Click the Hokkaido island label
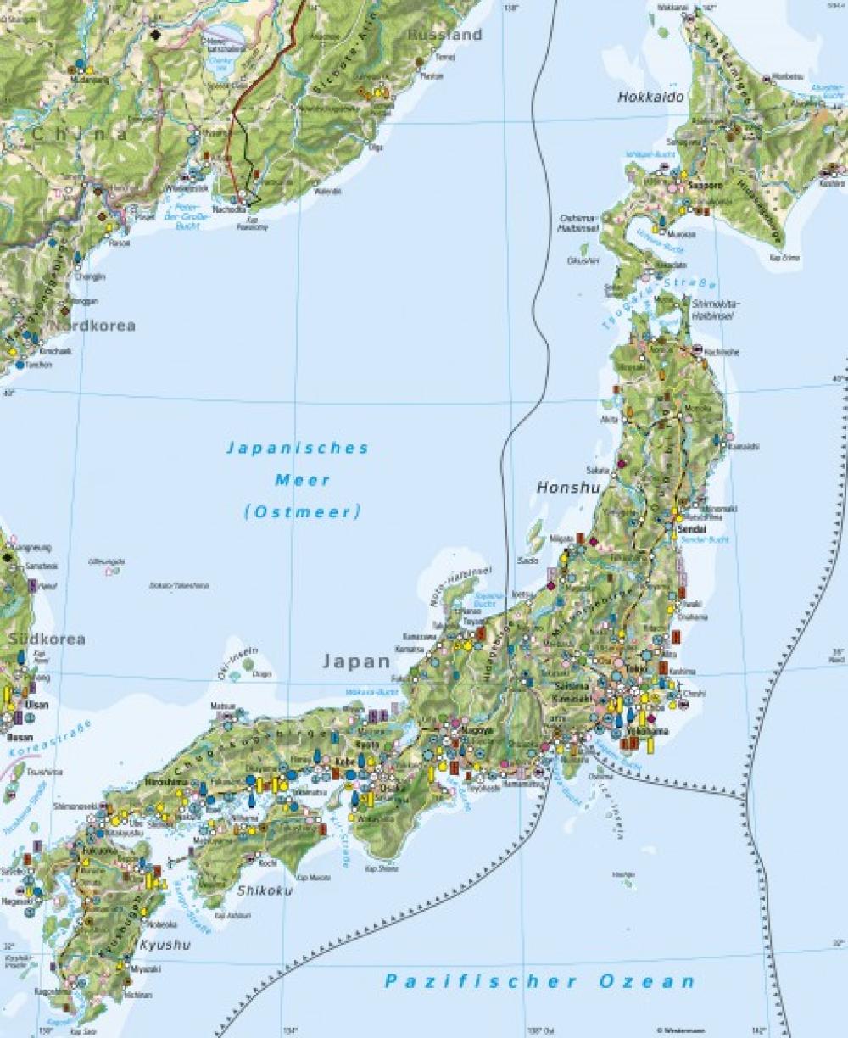coord(650,98)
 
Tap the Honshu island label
coord(568,488)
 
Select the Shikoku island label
coord(265,890)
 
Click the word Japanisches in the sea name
coord(297,449)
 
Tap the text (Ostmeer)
coord(302,511)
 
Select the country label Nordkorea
coord(91,326)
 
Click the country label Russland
coord(444,35)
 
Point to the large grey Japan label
coord(355,661)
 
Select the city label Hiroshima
coord(165,781)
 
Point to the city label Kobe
coord(343,762)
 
